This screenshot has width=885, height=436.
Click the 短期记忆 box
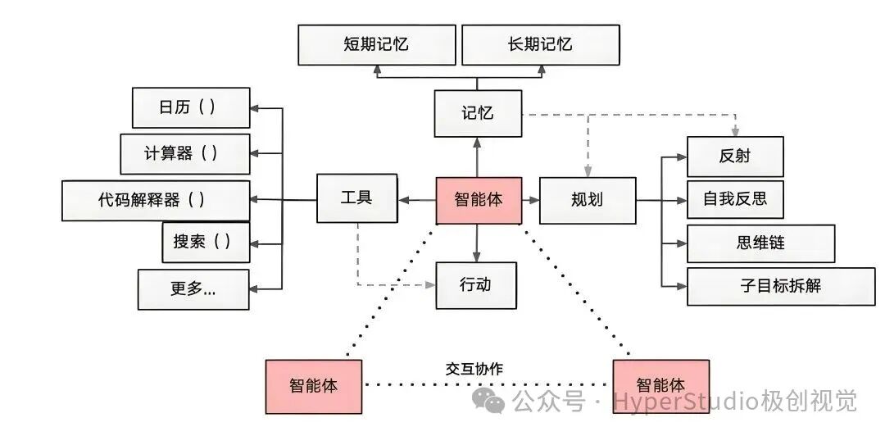point(375,44)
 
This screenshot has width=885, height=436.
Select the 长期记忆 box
point(539,44)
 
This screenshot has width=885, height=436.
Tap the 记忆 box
point(478,113)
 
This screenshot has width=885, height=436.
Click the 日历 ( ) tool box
point(191,107)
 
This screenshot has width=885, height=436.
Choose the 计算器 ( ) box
point(184,153)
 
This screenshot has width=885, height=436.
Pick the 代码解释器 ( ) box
point(156,200)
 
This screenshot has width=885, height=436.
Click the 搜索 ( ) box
point(206,242)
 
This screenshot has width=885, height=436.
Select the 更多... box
point(193,289)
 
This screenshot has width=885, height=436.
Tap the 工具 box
point(356,198)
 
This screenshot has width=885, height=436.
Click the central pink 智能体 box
point(479,200)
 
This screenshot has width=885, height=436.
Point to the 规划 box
point(587,200)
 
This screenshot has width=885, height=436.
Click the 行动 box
point(476,285)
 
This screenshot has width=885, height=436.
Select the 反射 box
point(735,157)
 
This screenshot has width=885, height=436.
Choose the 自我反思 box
point(735,199)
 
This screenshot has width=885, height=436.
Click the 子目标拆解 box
point(780,286)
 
